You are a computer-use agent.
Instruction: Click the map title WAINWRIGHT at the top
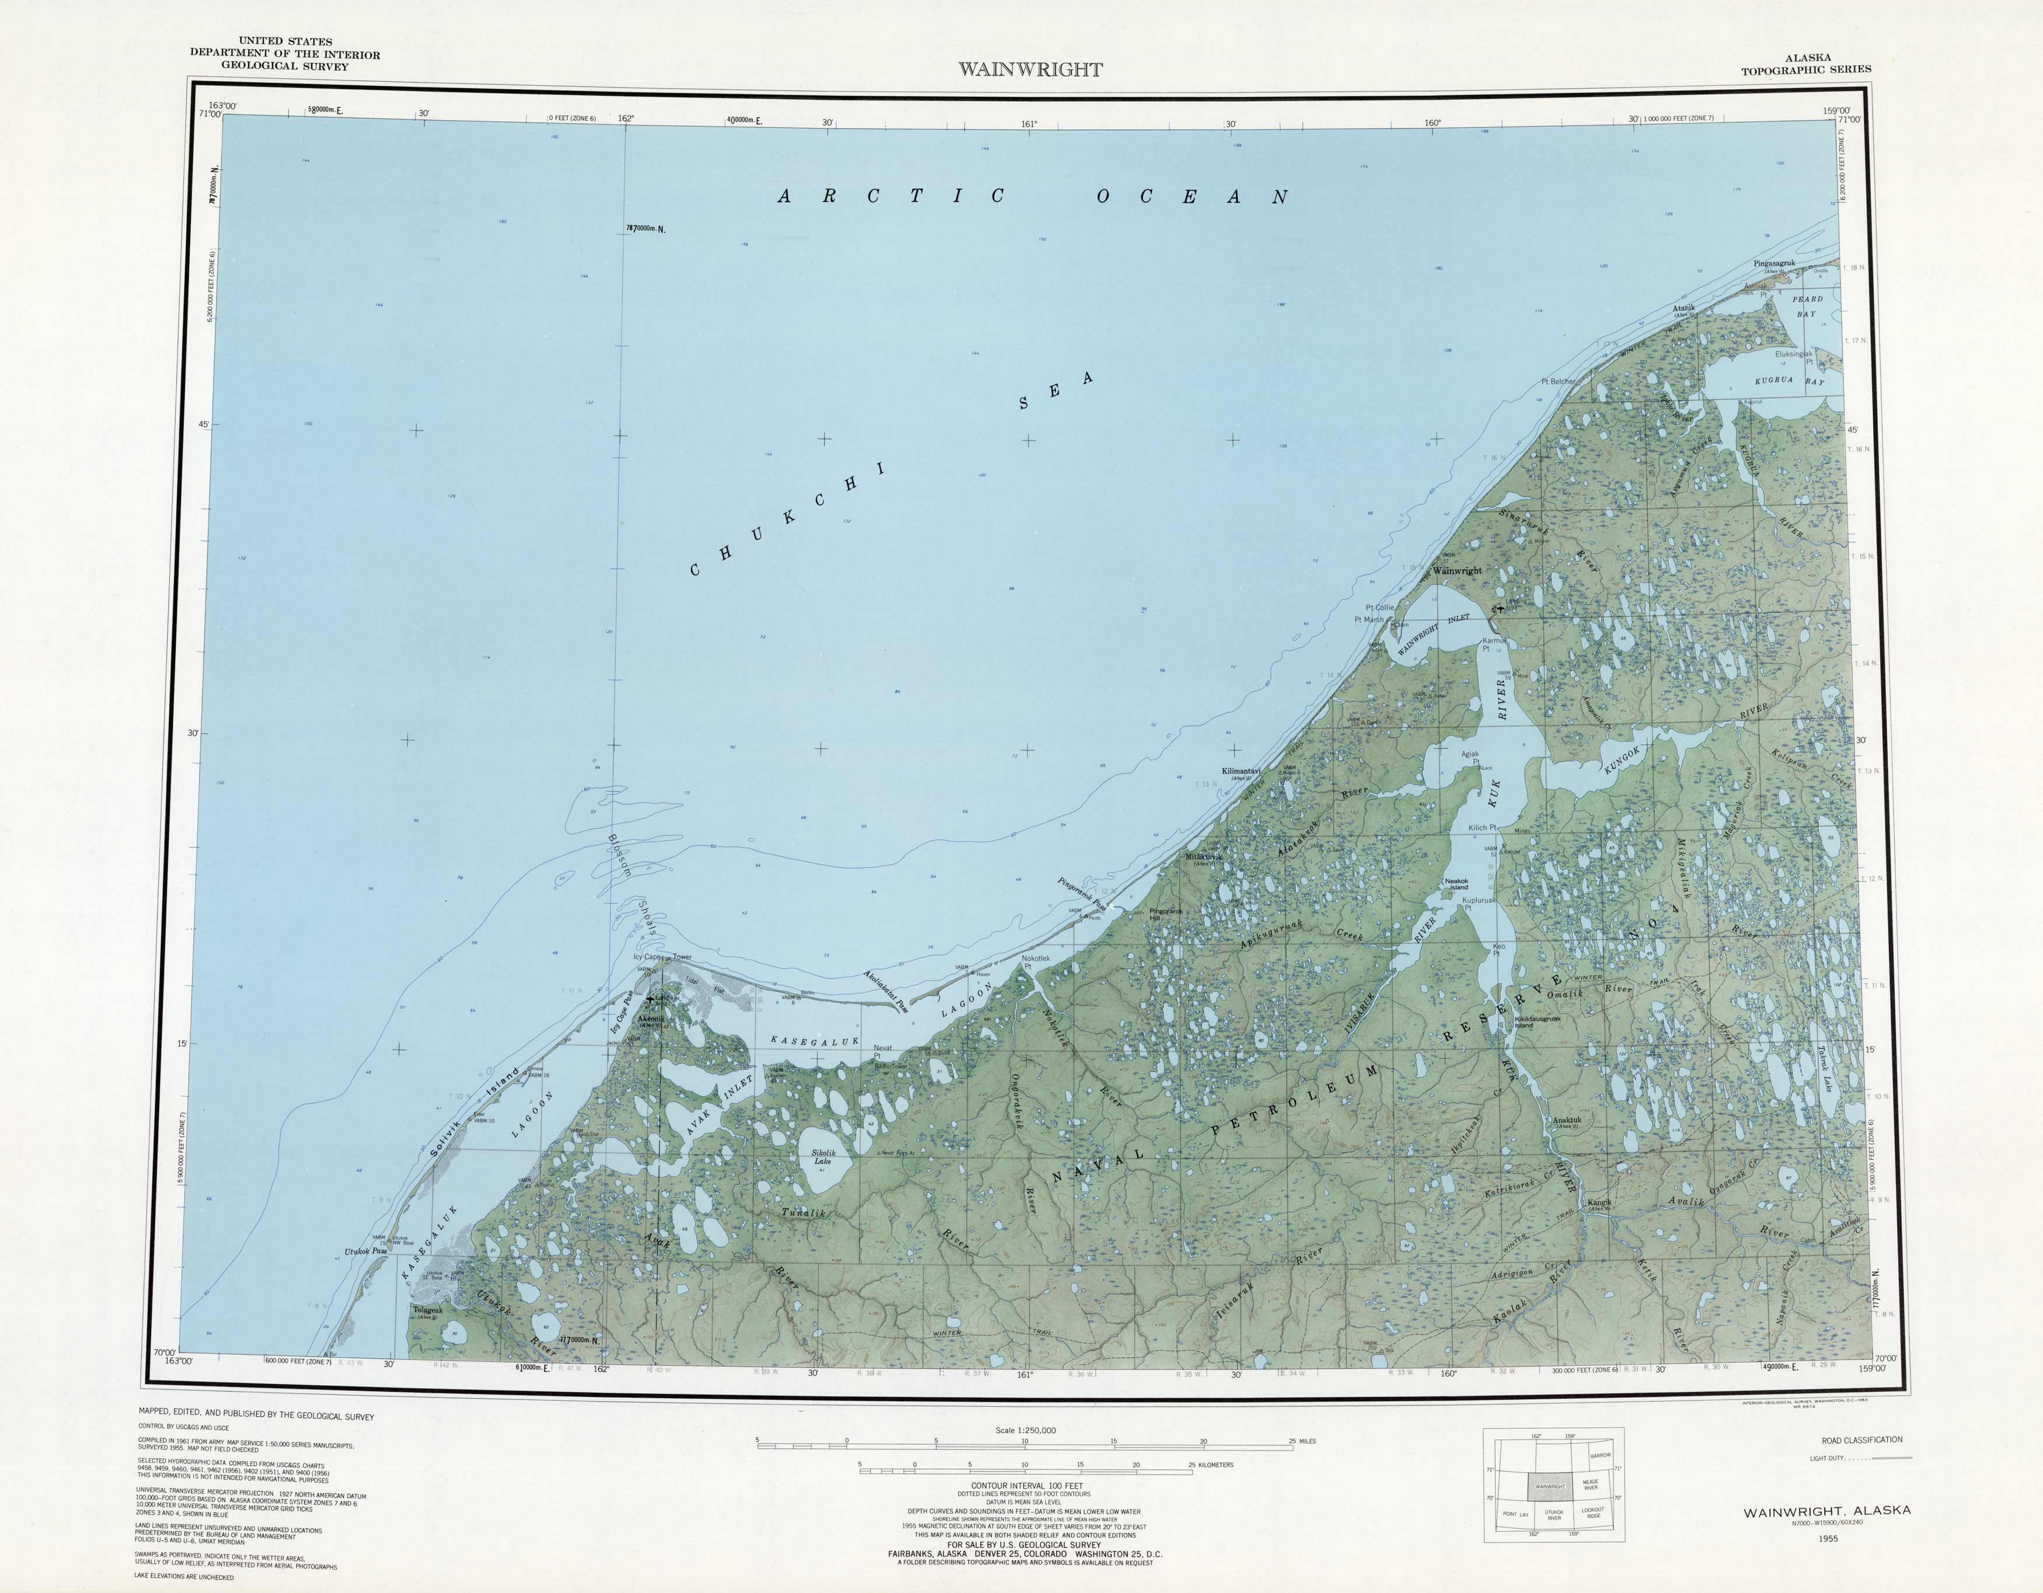1030,69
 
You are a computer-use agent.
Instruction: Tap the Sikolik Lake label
822,1157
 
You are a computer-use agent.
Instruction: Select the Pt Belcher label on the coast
1557,382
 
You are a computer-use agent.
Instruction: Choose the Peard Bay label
1807,306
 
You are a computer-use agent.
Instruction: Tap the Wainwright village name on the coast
1458,571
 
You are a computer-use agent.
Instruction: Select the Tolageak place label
428,1309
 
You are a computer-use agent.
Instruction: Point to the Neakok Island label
1456,883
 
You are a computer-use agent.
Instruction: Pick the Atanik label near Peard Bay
1684,309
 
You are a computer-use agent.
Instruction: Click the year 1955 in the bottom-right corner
1827,1538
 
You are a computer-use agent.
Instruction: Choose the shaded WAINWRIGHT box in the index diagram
1549,1486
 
